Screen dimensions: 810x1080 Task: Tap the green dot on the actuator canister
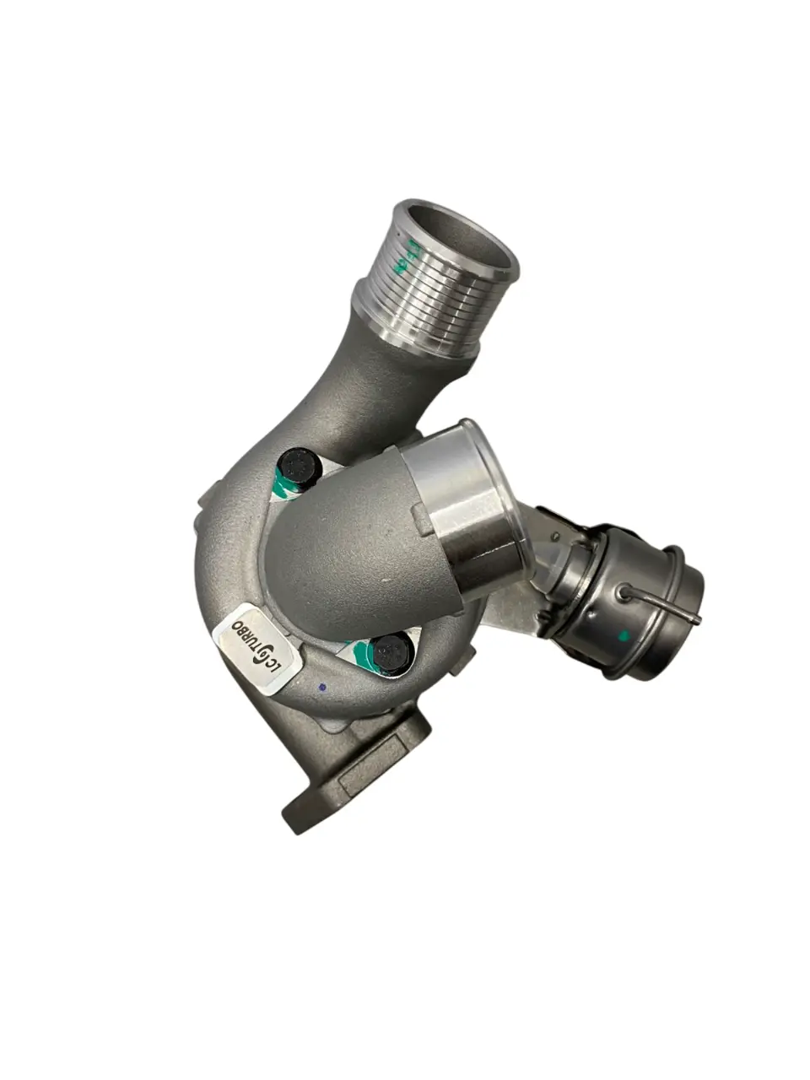tap(624, 636)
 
